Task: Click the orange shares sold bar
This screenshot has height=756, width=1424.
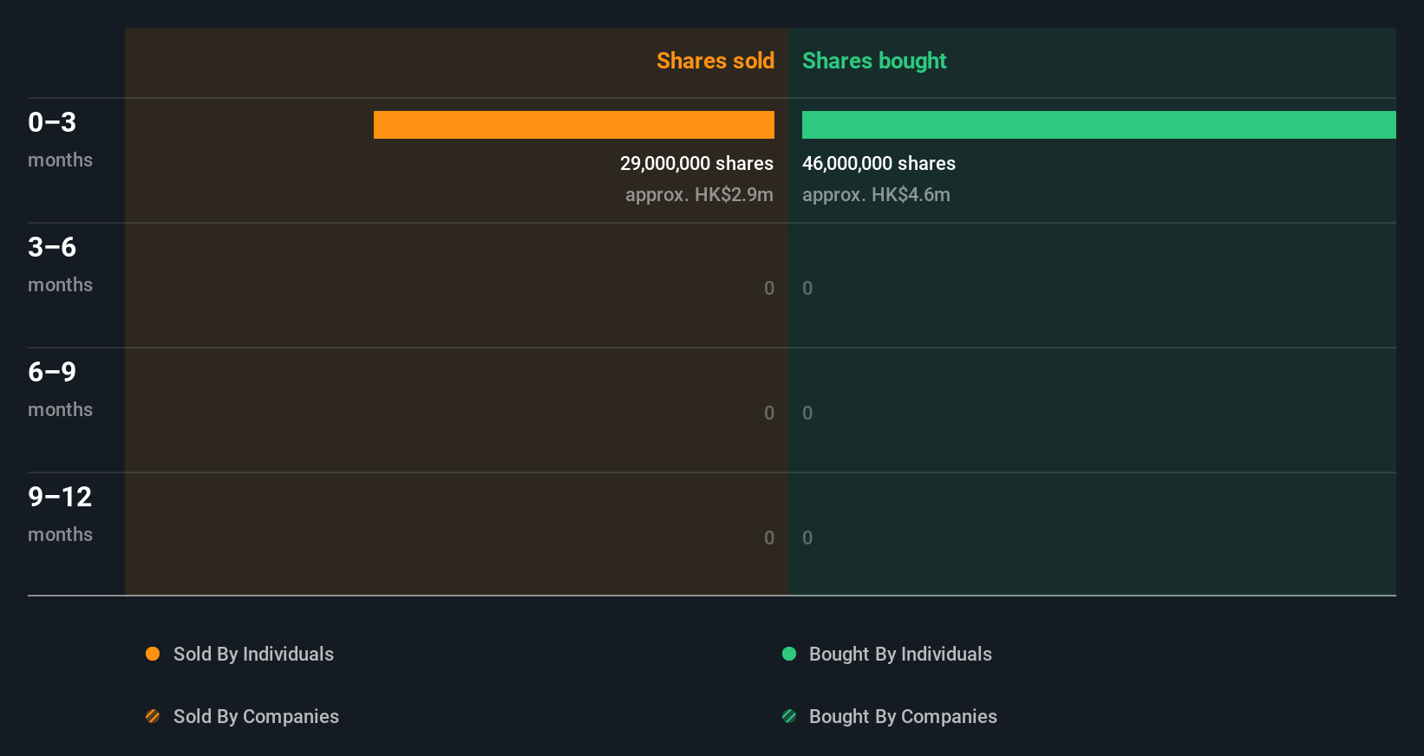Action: coord(574,125)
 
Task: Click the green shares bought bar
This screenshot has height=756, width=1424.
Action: coord(1099,125)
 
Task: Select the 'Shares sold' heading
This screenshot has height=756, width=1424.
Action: coord(715,61)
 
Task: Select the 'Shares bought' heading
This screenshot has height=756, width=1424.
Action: coord(874,61)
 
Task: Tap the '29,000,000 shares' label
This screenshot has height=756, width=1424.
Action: coord(696,163)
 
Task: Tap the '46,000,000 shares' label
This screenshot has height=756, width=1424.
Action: coord(879,163)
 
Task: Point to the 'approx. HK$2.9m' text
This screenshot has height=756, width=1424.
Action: coord(699,194)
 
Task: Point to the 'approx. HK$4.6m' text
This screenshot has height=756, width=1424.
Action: coord(876,194)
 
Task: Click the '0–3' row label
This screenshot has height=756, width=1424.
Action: coord(52,122)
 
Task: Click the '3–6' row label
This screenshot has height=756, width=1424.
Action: coord(52,247)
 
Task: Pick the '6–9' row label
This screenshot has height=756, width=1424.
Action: coord(52,372)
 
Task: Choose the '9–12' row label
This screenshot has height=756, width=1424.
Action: coord(60,497)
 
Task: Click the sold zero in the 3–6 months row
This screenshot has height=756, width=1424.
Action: coord(769,288)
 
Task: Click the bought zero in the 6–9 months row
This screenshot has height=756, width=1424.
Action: coord(807,413)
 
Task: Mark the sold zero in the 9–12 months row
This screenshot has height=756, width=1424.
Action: coord(769,538)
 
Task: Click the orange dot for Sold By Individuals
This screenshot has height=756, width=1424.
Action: coord(153,654)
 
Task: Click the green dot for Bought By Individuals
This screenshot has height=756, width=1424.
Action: coord(789,654)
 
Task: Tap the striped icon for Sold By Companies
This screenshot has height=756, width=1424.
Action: coord(153,716)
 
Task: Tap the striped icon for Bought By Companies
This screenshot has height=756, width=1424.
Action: coord(789,716)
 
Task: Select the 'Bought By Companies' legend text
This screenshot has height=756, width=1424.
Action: coord(903,716)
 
